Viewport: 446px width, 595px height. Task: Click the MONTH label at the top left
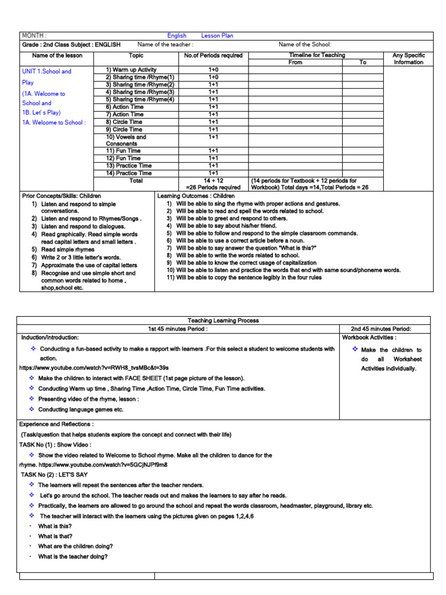[34, 35]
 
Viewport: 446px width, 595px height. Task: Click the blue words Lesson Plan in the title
[217, 35]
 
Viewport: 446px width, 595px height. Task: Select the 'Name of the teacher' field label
[166, 45]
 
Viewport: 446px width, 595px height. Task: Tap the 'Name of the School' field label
[305, 45]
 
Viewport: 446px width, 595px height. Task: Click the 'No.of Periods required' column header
[213, 56]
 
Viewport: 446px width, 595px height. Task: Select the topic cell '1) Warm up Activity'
[131, 70]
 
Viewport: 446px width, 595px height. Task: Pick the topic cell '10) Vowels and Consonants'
[126, 140]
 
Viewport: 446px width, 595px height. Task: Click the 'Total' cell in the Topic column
[136, 181]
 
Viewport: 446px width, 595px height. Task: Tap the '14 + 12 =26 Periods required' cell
[213, 184]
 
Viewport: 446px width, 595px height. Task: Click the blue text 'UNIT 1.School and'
[46, 71]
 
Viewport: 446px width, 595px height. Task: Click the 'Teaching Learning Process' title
[223, 320]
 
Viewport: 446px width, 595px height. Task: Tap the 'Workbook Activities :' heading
[369, 337]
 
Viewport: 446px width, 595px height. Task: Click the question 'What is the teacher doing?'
[73, 556]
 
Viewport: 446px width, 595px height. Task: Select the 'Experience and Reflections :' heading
[57, 424]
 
